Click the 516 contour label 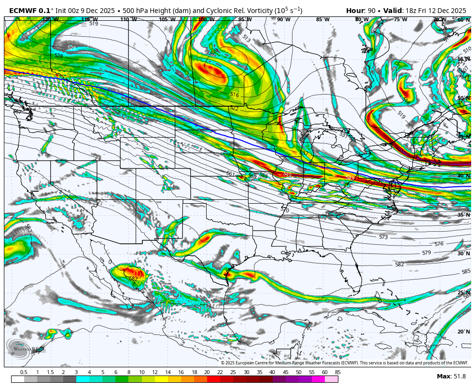click(235, 95)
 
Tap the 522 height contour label click(235, 108)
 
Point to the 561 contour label click(231, 173)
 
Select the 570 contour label click(285, 210)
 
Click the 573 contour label click(383, 237)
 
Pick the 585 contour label click(466, 272)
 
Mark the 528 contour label click(58, 56)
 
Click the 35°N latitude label click(463, 215)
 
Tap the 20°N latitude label click(463, 332)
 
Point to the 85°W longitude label click(322, 20)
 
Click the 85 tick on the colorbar click(337, 372)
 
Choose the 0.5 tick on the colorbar click(24, 372)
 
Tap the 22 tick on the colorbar click(220, 372)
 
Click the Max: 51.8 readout click(451, 376)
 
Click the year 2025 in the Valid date click(457, 11)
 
